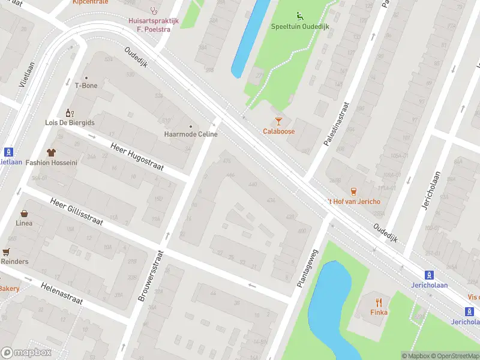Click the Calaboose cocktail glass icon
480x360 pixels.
point(278,121)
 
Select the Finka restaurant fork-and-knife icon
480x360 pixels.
point(378,302)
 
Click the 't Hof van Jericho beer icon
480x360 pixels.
point(353,191)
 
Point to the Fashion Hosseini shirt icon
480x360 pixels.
point(51,152)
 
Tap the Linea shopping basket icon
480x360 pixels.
point(25,213)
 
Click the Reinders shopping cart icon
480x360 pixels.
point(7,252)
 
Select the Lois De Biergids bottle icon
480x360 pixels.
point(70,113)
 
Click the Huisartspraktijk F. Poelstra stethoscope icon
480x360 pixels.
point(154,10)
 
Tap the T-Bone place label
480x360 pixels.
point(86,85)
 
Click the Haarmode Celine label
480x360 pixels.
point(191,134)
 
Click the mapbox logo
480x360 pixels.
point(26,352)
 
